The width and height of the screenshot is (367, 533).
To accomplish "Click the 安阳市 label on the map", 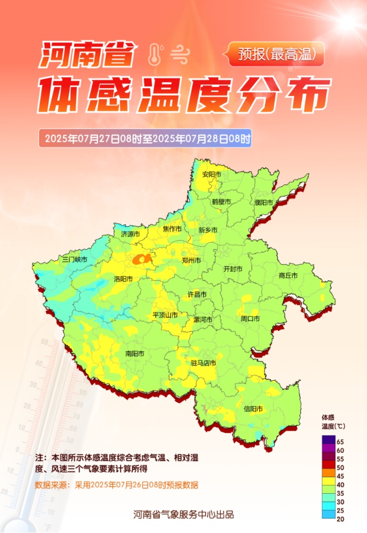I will coord(212,174).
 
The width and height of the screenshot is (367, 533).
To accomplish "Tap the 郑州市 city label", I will coord(191,261).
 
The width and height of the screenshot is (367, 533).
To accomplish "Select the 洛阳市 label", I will coord(123,279).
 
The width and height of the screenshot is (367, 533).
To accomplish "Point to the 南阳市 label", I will coord(135,353).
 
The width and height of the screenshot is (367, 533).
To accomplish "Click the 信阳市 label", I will coord(253,409).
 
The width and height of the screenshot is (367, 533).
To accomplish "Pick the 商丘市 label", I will coord(288,276).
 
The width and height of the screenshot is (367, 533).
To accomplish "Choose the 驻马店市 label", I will coord(203,363).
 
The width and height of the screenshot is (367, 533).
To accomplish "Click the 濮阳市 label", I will coord(263,203).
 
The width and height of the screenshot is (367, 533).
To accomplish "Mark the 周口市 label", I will coord(250,319).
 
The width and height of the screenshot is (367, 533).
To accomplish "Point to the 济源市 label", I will coord(131,234).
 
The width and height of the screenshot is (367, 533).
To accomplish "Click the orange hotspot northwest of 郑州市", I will coord(141,259).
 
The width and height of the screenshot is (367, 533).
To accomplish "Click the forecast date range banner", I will coord(145,139).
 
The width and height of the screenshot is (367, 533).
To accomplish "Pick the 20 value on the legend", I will coord(340,519).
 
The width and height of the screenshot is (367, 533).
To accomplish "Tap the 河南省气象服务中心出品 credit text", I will coord(183,514).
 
